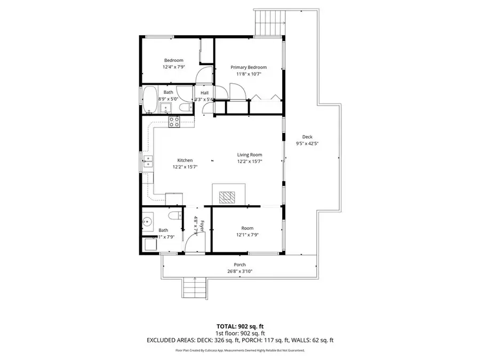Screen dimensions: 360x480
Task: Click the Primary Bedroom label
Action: [x=248, y=67]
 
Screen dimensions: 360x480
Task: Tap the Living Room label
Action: [x=250, y=155]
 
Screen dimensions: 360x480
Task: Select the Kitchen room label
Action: [x=185, y=160]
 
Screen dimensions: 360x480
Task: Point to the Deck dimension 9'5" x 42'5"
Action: [x=307, y=143]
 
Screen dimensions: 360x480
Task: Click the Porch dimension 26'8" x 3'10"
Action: [x=239, y=271]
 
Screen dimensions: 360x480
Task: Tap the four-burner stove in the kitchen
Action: [x=174, y=122]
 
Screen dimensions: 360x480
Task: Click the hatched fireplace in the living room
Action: [x=229, y=197]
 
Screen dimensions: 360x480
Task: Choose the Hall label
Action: [x=204, y=93]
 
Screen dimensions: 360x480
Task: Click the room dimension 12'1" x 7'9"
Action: [x=247, y=235]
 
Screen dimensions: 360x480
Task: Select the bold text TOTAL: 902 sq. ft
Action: [x=239, y=325]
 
